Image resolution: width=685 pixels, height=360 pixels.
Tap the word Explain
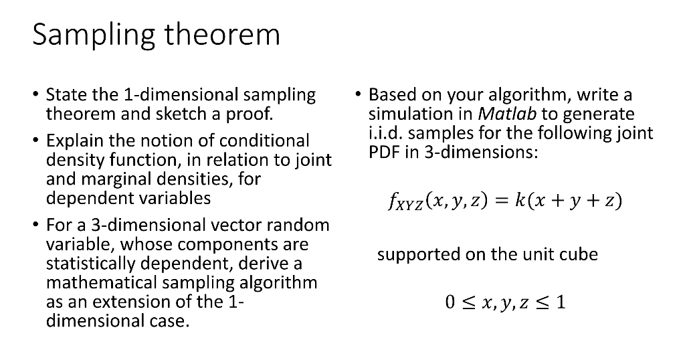click(74, 141)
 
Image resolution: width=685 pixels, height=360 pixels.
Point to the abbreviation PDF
click(383, 152)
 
